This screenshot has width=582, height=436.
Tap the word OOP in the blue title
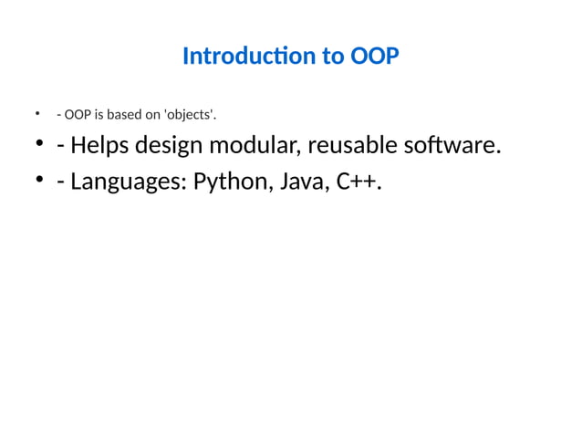(x=374, y=57)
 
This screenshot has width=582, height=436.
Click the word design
(x=173, y=146)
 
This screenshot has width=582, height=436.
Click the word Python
(x=229, y=182)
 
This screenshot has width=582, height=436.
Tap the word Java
(x=302, y=182)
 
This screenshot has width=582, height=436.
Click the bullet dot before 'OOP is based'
(x=39, y=114)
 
